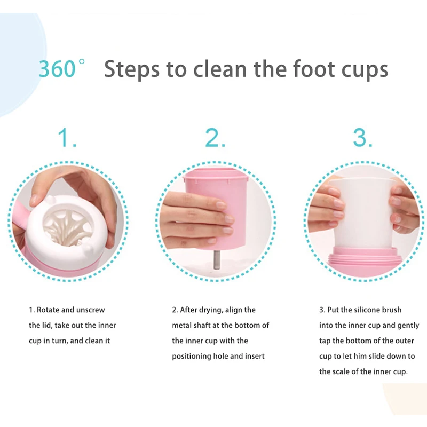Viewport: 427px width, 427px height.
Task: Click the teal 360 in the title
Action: (57, 69)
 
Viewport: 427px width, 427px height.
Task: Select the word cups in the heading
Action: (365, 71)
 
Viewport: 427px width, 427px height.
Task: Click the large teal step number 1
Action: (66, 138)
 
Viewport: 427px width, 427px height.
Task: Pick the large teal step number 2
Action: (215, 138)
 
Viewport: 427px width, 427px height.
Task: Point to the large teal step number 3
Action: (362, 137)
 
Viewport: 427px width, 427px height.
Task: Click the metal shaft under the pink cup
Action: (217, 259)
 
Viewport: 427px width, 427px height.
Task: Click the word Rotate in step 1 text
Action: (48, 310)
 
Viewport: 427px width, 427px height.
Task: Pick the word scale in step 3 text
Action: (341, 371)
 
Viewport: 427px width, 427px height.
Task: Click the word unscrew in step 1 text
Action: (90, 310)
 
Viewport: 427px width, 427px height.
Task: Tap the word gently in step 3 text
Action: (408, 326)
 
